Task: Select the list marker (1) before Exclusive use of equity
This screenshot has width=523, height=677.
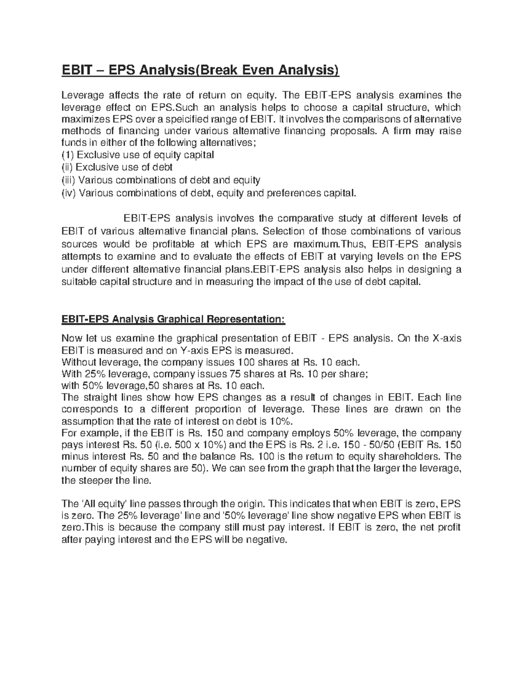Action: (67, 155)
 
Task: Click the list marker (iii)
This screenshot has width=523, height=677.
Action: (68, 180)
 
